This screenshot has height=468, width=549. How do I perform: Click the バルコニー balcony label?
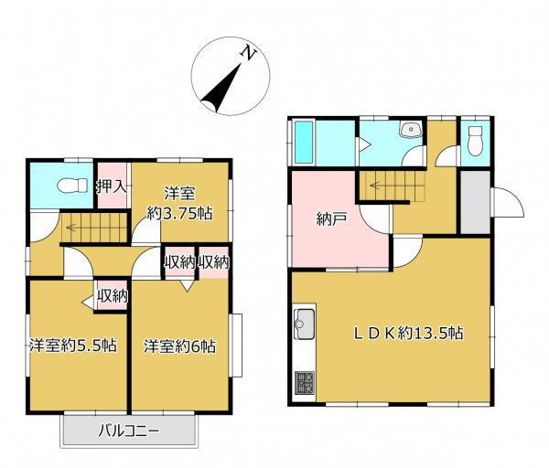(x=128, y=431)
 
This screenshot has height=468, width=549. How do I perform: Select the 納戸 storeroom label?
(x=331, y=219)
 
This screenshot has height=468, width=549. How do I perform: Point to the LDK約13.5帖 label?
(x=409, y=333)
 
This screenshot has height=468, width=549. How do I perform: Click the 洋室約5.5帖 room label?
(x=73, y=346)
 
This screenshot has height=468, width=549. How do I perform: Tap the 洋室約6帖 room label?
(x=179, y=346)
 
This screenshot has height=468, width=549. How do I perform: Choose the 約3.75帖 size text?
(x=179, y=213)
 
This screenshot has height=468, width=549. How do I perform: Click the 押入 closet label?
(x=112, y=186)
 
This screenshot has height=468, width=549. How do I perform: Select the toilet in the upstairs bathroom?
(x=72, y=186)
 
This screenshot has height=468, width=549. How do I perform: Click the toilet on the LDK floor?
(x=475, y=142)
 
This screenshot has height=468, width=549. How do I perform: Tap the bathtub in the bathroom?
(x=304, y=142)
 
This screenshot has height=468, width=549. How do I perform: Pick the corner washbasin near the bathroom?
(x=412, y=130)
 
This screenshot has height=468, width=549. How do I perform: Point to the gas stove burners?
(x=304, y=383)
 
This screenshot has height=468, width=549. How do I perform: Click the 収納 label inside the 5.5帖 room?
(x=112, y=296)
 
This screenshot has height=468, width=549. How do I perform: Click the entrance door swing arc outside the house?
(x=514, y=201)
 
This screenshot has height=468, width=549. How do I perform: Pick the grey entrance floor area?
(x=475, y=202)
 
